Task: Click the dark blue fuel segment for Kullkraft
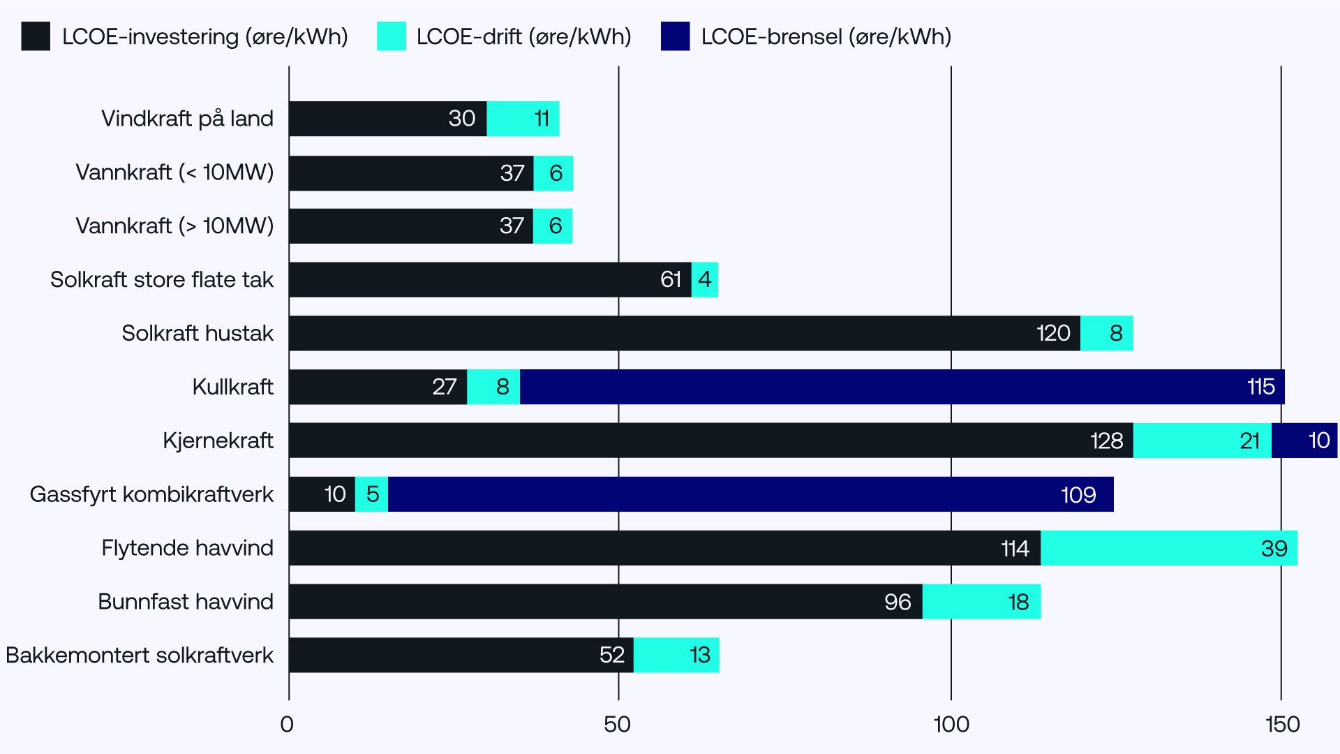click(x=902, y=387)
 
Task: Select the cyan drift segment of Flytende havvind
click(x=1168, y=548)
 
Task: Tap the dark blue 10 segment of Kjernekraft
click(x=1304, y=441)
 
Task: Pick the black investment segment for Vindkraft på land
click(x=387, y=119)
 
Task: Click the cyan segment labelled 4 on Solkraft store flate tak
click(x=704, y=279)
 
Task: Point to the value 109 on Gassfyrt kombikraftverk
click(x=1078, y=495)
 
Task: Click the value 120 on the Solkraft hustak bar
click(x=1052, y=333)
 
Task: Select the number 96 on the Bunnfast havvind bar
click(x=897, y=602)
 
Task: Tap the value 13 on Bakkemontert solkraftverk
click(x=699, y=655)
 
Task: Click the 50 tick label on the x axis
click(x=617, y=725)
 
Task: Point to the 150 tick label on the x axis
click(x=1281, y=725)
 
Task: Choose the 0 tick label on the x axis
click(x=286, y=725)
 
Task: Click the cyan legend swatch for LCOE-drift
click(x=391, y=36)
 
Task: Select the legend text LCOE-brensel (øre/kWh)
click(x=826, y=36)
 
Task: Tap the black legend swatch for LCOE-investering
click(x=36, y=36)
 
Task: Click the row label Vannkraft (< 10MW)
click(x=174, y=172)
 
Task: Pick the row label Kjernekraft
click(x=218, y=441)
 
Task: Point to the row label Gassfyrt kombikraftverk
click(x=151, y=494)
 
